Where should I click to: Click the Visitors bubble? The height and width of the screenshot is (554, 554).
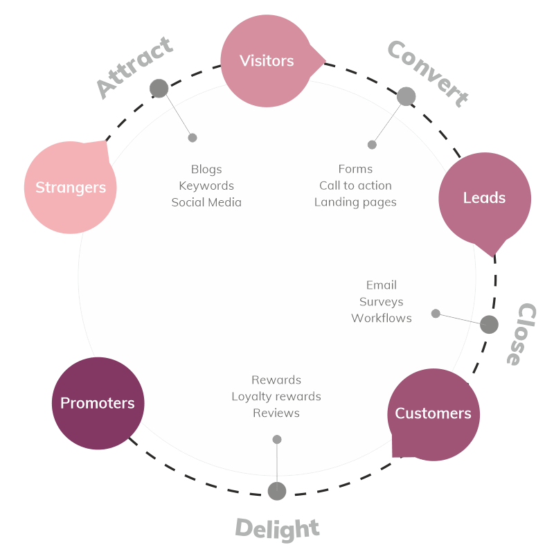point(267,61)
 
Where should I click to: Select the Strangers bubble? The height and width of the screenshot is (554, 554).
point(71,187)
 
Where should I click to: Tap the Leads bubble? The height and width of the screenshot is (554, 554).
point(484,198)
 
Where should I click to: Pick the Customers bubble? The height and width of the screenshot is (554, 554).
point(433,413)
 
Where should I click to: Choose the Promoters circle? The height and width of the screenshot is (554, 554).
point(98,403)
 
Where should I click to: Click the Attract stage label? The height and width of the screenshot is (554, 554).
point(134,68)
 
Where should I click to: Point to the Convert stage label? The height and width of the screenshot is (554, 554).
point(427,73)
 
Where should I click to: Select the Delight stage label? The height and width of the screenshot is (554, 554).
point(277,528)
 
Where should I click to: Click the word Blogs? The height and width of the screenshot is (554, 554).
point(206,169)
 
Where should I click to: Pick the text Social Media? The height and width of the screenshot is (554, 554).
point(206,202)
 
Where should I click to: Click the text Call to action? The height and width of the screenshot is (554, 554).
point(355,186)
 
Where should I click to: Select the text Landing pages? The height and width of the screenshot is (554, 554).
point(355,202)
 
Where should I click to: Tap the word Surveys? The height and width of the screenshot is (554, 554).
point(381,302)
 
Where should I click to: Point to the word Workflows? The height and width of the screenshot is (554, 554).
point(381,319)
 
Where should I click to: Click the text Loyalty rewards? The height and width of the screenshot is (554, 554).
point(276,397)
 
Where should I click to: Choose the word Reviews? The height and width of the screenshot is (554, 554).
point(276,413)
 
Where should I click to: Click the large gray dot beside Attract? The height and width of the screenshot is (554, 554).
point(159,89)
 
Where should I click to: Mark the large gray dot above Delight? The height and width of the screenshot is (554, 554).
point(277,491)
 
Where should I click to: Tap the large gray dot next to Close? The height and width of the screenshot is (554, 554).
point(489,324)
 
